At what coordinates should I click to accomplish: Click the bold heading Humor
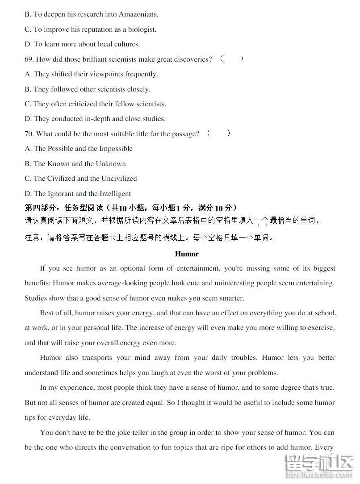pos(187,254)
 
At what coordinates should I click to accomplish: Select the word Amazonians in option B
pos(138,14)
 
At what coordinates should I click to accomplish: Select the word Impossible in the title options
pos(116,149)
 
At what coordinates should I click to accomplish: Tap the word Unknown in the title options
pos(111,164)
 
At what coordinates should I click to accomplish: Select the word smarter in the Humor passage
pos(228,298)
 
